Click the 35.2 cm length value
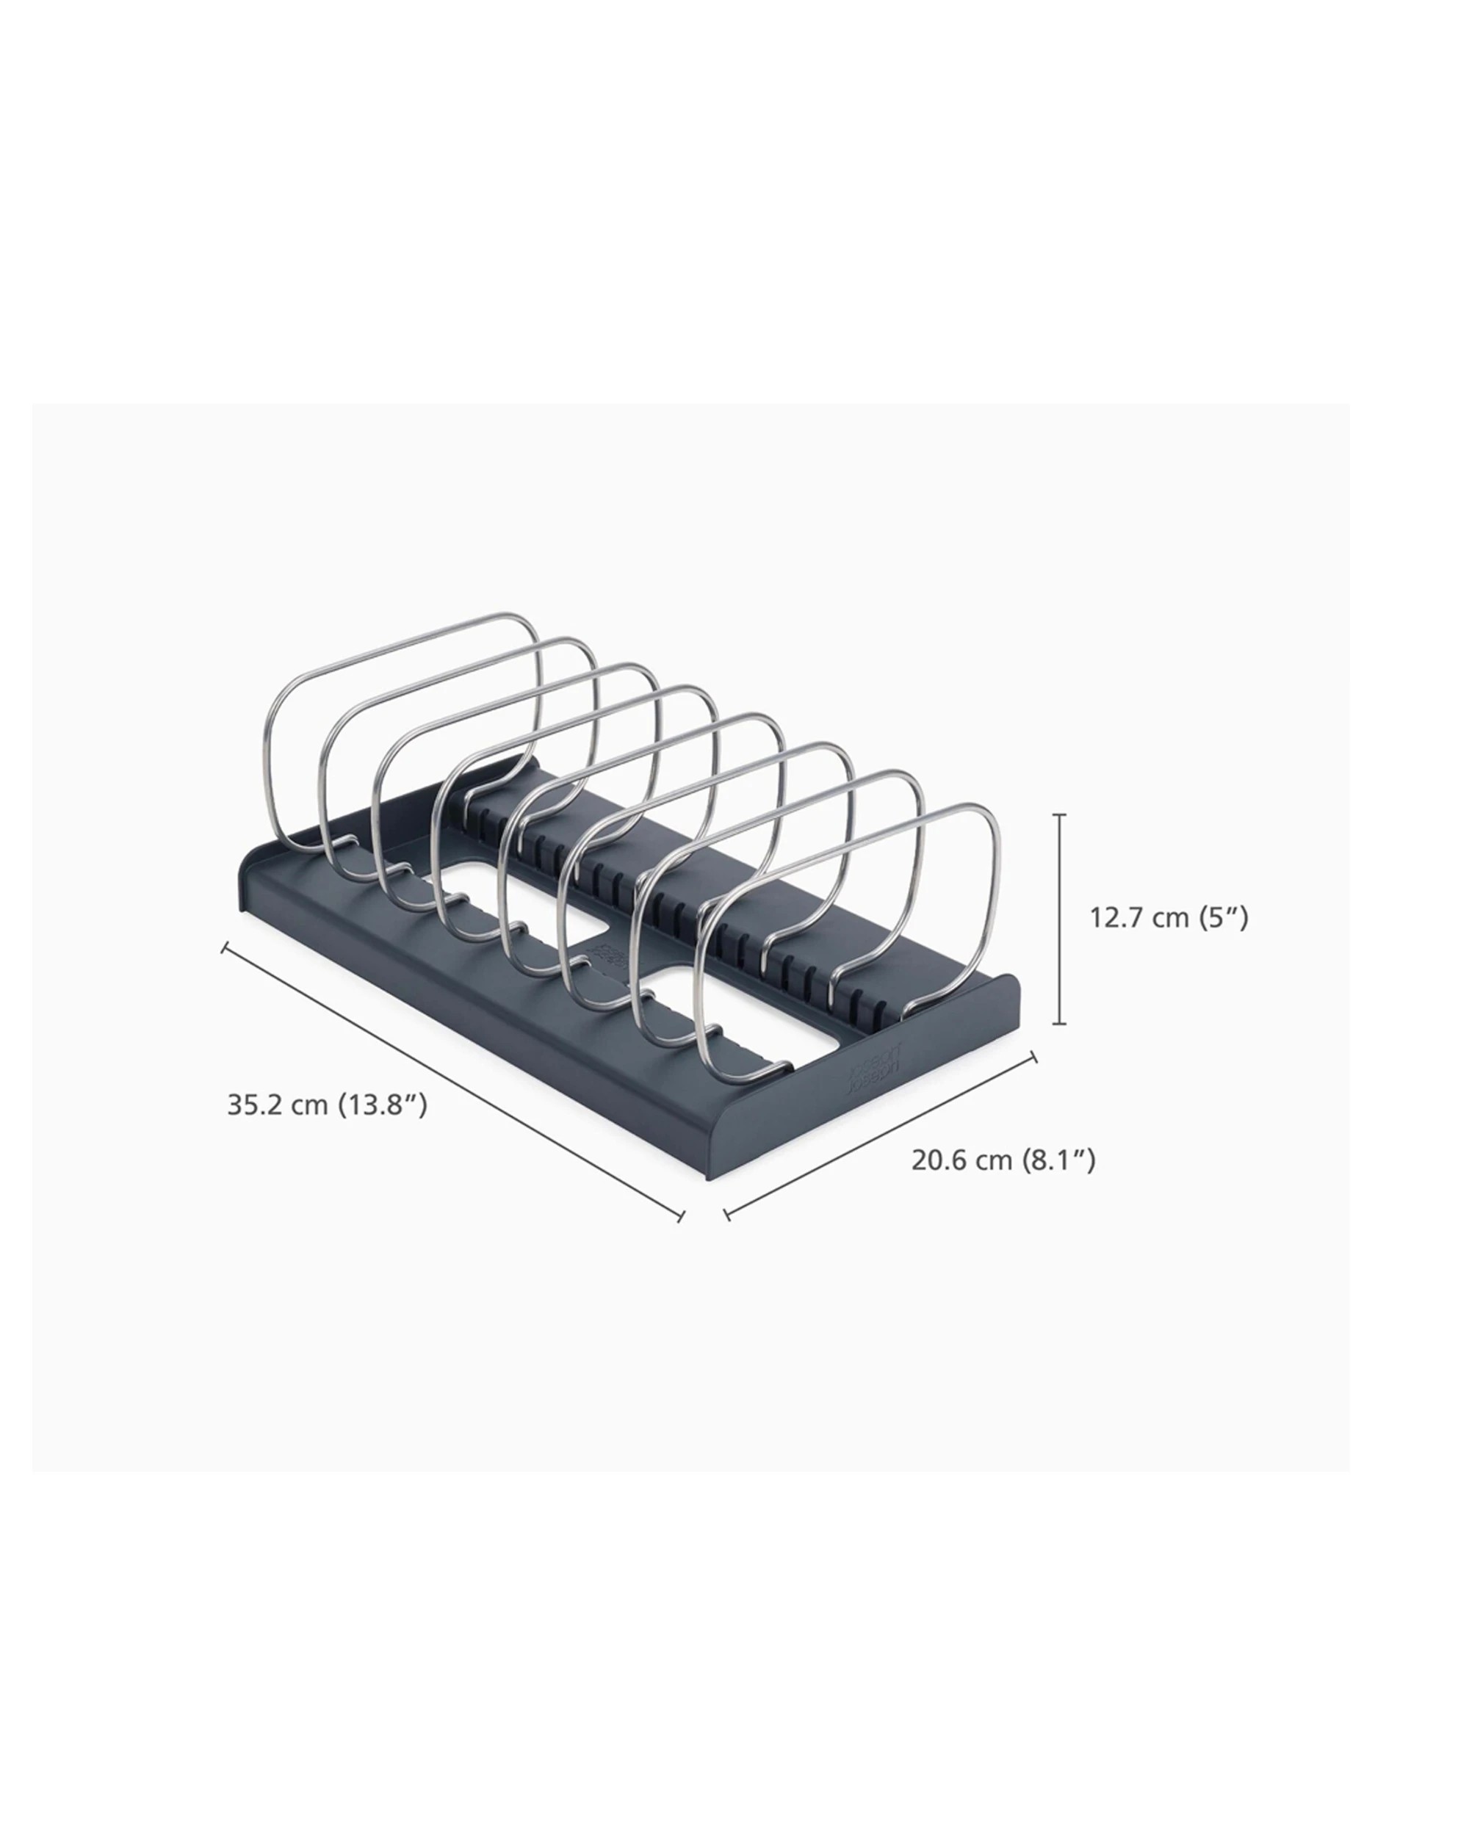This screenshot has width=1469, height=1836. [277, 1105]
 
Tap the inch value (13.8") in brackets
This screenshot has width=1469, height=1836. [383, 1105]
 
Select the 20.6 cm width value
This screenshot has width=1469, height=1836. [962, 1160]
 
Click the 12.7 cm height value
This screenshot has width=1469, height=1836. [1139, 918]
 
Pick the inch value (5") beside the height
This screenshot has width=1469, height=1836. [1223, 918]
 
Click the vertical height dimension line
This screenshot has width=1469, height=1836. [1059, 919]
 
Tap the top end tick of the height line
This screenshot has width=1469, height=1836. [1059, 815]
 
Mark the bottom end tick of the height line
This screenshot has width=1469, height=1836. [1059, 1024]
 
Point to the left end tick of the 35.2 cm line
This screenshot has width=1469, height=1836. [224, 947]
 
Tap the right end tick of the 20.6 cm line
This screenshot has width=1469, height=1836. [1035, 1057]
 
